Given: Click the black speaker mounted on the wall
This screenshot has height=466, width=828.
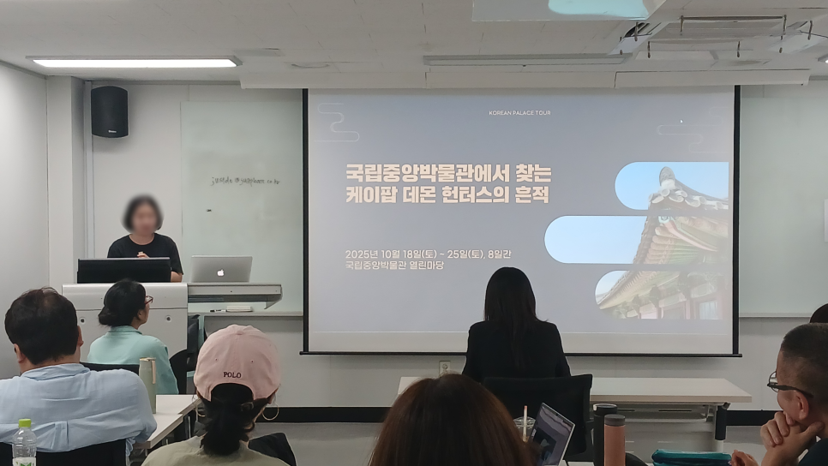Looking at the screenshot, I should click(x=109, y=111).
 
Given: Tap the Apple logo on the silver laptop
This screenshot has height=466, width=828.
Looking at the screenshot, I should click(x=221, y=269).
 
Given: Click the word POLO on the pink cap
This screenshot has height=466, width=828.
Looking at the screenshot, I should click(x=231, y=374).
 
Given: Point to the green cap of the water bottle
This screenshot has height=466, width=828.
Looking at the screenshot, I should click(x=23, y=424).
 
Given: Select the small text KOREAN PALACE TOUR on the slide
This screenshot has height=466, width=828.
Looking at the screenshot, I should click(x=519, y=112).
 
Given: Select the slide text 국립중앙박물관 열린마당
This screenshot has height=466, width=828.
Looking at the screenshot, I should click(x=394, y=266).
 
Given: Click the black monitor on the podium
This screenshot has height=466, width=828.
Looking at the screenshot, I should click(x=124, y=271).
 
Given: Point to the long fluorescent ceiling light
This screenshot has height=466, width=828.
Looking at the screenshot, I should click(x=135, y=63).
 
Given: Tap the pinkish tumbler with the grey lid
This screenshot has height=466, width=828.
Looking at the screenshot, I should click(x=614, y=438).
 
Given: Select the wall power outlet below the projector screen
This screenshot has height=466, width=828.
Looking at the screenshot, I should click(x=445, y=367).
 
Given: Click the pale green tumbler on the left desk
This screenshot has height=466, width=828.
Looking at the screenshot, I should click(x=147, y=377).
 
